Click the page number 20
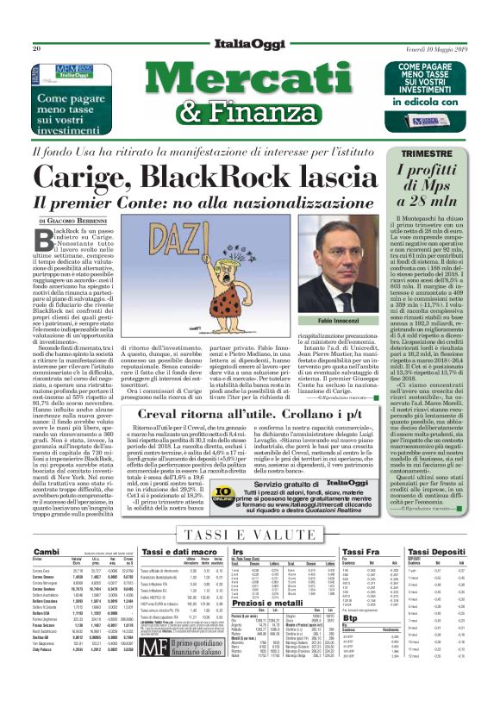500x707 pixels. click(37, 49)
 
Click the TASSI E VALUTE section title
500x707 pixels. click(250, 535)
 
